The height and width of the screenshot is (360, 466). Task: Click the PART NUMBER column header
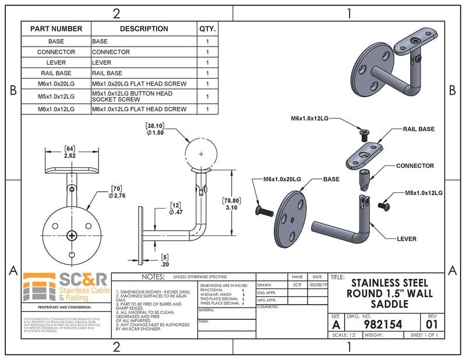click(57, 29)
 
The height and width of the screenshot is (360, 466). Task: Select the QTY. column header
click(207, 29)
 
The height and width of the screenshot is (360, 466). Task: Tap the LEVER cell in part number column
click(57, 62)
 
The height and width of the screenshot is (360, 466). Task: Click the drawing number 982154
click(383, 324)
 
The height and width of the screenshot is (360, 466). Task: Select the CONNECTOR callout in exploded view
click(415, 166)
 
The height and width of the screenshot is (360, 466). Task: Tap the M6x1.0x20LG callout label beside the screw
click(283, 179)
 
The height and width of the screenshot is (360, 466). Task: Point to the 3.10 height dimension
click(232, 207)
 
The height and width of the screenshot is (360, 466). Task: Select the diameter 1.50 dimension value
click(155, 132)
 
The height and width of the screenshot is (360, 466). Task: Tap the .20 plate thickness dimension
click(165, 263)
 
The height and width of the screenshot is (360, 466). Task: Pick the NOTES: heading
click(153, 277)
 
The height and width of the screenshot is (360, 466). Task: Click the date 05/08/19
click(317, 285)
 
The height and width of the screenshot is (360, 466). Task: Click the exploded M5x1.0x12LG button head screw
click(384, 205)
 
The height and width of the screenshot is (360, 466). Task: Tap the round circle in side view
click(201, 154)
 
